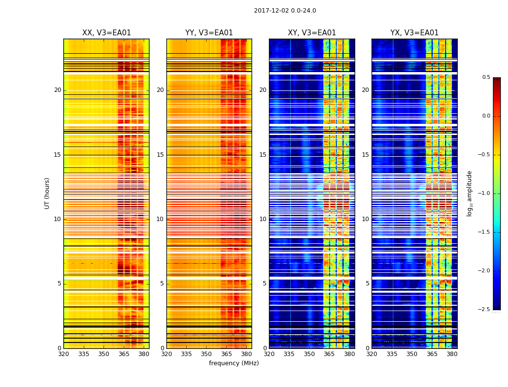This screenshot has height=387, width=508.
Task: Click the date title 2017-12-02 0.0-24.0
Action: click(x=285, y=11)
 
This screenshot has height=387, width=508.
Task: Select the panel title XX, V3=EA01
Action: click(x=106, y=33)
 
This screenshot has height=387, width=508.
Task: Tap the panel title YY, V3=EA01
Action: click(x=209, y=33)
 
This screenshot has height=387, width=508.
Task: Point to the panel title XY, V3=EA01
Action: click(x=312, y=33)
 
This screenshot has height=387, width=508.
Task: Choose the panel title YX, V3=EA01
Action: click(x=414, y=33)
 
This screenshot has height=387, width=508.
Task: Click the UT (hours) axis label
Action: click(x=47, y=193)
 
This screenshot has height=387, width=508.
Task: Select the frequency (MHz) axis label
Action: click(x=234, y=363)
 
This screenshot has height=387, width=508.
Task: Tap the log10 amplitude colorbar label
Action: click(x=469, y=193)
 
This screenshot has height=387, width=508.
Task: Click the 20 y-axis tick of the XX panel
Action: click(x=58, y=90)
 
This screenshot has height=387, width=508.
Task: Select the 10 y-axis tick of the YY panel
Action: click(x=160, y=219)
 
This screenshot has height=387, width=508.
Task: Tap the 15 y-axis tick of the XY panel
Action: click(x=263, y=155)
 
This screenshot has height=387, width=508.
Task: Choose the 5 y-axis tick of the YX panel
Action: click(x=367, y=283)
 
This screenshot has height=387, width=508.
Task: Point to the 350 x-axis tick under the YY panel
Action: click(x=207, y=354)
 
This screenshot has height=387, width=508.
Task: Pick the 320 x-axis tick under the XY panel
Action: click(x=269, y=354)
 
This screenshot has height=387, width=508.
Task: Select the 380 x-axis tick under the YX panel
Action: click(x=452, y=354)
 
